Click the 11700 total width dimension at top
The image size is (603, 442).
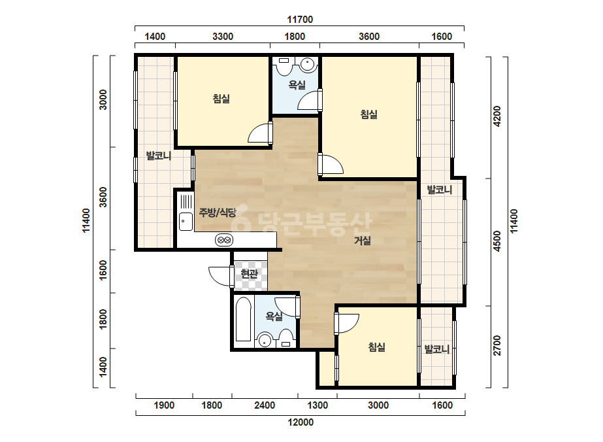pyautogui.click(x=300, y=19)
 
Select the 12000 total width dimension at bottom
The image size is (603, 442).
pyautogui.click(x=301, y=422)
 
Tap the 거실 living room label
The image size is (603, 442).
pyautogui.click(x=363, y=241)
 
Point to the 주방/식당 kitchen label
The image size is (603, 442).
pyautogui.click(x=218, y=212)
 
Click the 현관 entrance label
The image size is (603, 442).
pyautogui.click(x=249, y=274)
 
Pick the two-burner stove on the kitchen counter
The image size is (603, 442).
pyautogui.click(x=224, y=241)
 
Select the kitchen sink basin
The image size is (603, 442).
pyautogui.click(x=186, y=222)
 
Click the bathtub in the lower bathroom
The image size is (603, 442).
pyautogui.click(x=244, y=319)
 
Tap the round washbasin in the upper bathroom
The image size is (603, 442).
pyautogui.click(x=308, y=64)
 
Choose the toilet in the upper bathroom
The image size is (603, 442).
pyautogui.click(x=284, y=66)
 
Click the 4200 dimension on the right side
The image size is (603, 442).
pyautogui.click(x=497, y=116)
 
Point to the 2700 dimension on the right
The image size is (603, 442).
pyautogui.click(x=497, y=346)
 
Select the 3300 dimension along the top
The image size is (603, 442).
pyautogui.click(x=223, y=37)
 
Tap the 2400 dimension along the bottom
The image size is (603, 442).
pyautogui.click(x=265, y=405)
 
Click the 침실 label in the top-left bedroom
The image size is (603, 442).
pyautogui.click(x=221, y=99)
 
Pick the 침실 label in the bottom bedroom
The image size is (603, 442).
pyautogui.click(x=377, y=347)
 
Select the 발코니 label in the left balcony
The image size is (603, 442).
pyautogui.click(x=159, y=156)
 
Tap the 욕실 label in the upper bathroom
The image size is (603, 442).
pyautogui.click(x=297, y=85)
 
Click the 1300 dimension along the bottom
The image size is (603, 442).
pyautogui.click(x=318, y=405)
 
